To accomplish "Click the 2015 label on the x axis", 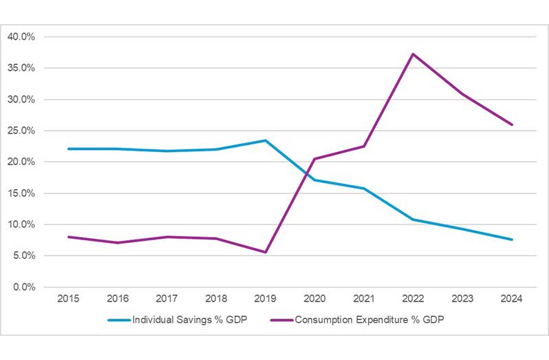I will pos(68,299).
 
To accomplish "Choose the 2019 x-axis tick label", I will pos(265,299).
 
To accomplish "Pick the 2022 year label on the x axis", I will pos(413,299).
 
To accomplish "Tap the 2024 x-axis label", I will pos(512,299).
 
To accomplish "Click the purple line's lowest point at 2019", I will pos(265,252).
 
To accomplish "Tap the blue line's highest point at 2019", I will pos(265,140).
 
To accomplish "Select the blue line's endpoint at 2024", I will pos(512,240).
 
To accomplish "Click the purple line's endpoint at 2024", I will pos(512,125).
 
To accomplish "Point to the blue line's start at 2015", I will pos(68,149).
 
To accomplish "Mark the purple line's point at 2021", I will pos(364,146).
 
